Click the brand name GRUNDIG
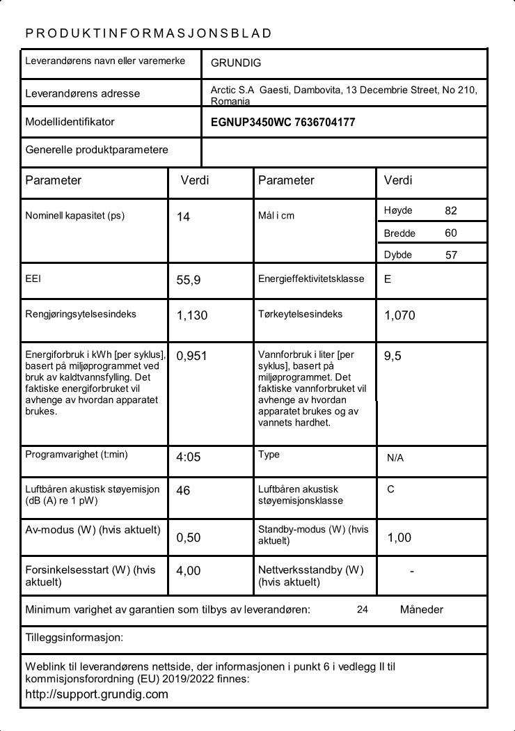coord(236,63)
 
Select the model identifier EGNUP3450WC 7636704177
coord(283,122)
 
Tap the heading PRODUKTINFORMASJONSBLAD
coord(148,33)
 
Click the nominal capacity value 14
coord(183,217)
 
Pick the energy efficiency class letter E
coord(388,278)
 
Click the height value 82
coord(451,210)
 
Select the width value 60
coord(451,233)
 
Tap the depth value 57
coord(451,255)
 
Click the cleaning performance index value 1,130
coord(192,315)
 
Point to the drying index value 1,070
coord(399,315)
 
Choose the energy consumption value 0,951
coord(192,356)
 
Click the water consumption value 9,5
coord(393,356)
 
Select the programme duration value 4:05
coord(189,457)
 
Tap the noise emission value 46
coord(183,490)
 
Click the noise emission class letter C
coord(390,489)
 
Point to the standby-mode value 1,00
coord(399,537)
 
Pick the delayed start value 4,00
coord(189,571)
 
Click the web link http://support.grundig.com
coord(97,694)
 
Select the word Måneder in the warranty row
coord(422,609)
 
